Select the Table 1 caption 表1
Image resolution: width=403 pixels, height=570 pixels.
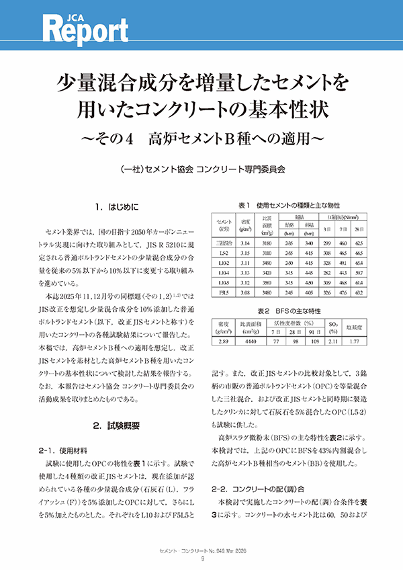(x=243, y=204)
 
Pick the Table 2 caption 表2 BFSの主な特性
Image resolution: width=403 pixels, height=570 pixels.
(x=289, y=311)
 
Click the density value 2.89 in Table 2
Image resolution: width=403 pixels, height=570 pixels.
(x=225, y=341)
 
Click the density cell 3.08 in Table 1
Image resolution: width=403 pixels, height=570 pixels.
(x=245, y=293)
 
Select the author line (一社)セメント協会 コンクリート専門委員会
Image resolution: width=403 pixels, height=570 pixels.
(x=201, y=169)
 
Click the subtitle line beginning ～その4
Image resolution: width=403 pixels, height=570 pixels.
(x=201, y=139)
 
